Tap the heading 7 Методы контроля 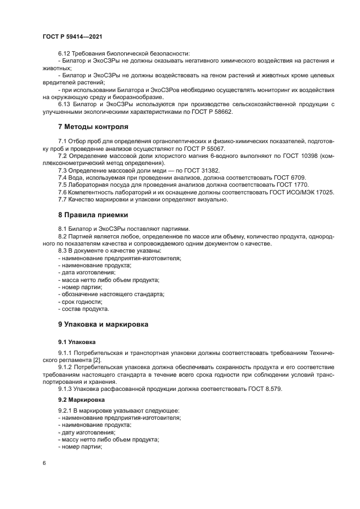[93, 127]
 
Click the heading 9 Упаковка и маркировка [103, 324]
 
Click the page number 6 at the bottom [44, 463]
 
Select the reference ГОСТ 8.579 [265, 389]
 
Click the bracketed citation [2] [96, 360]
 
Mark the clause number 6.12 [65, 53]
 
